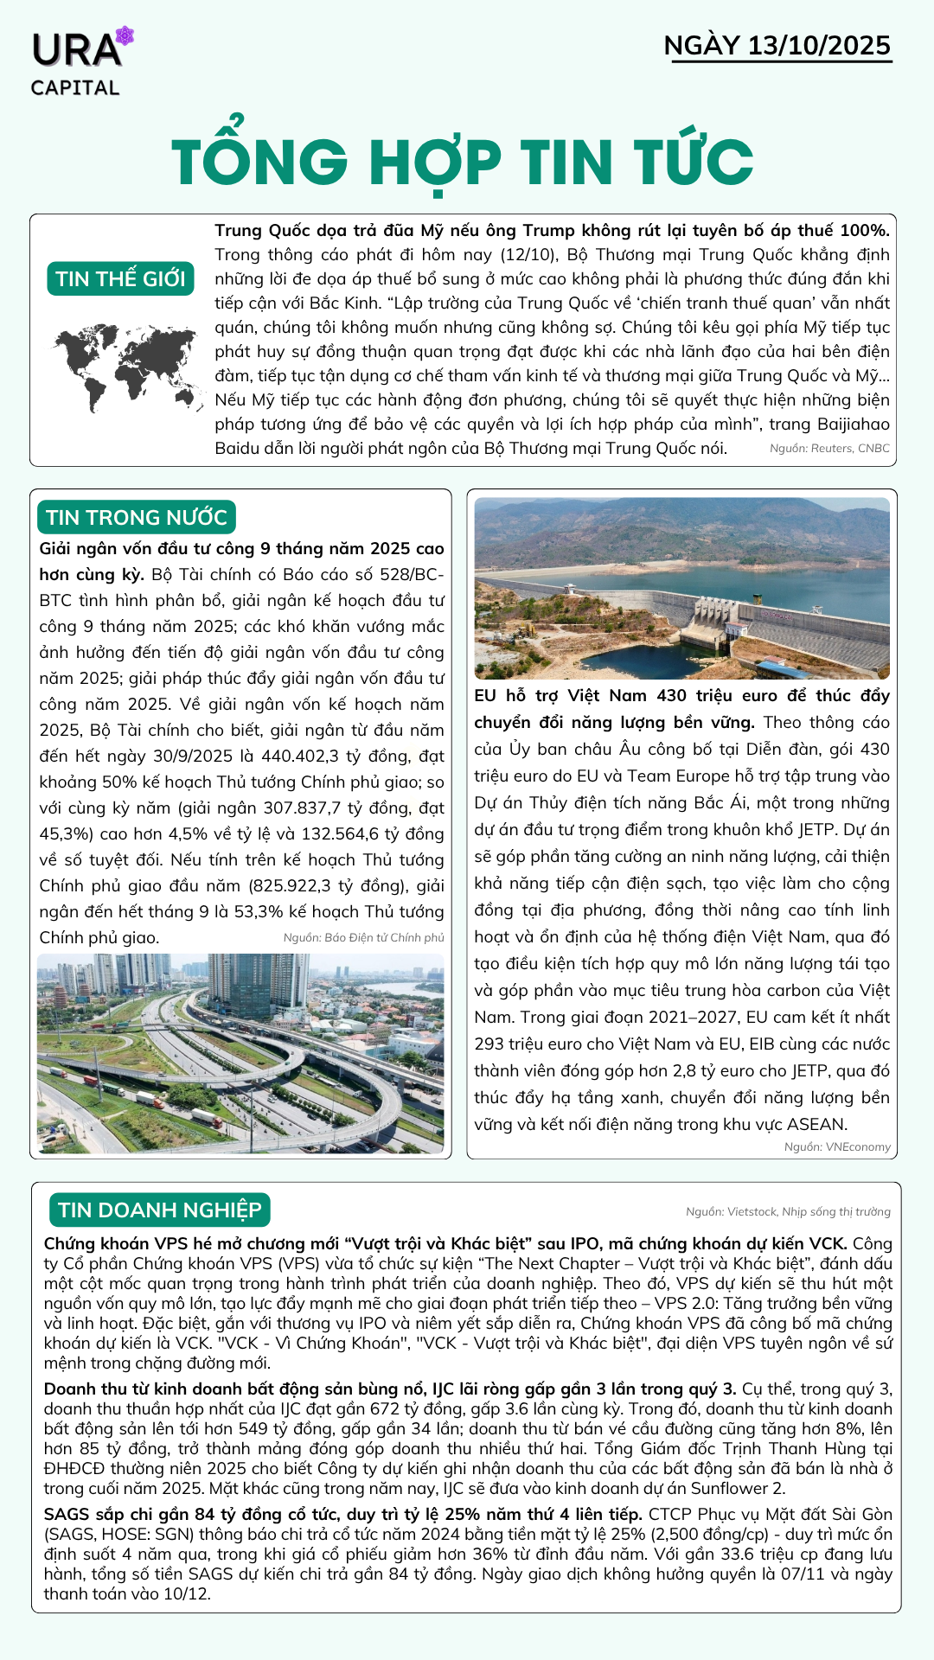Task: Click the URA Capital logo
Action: click(80, 62)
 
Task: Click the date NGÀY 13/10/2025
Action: click(777, 46)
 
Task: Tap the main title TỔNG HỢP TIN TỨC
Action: click(463, 162)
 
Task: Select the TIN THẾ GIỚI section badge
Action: click(120, 278)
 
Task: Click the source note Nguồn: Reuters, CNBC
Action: click(829, 448)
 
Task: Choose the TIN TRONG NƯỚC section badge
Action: click(137, 517)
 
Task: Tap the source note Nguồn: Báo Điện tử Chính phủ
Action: click(363, 937)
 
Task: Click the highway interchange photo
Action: click(240, 1053)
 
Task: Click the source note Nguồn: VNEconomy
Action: click(837, 1146)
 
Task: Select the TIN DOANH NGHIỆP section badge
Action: click(160, 1210)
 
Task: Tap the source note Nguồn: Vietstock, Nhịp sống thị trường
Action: click(788, 1211)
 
